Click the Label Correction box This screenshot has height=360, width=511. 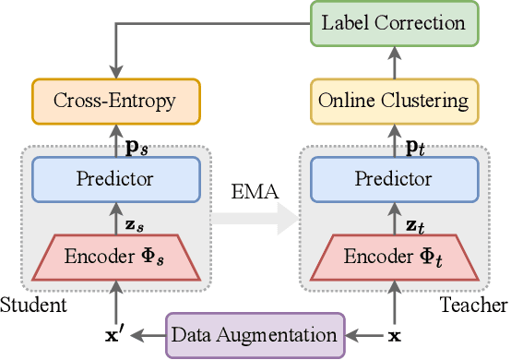point(394,22)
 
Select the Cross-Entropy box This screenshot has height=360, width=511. point(117,99)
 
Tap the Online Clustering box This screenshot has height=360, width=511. point(394,99)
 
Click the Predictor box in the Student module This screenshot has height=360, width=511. point(117,177)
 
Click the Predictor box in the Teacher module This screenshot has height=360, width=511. point(394,177)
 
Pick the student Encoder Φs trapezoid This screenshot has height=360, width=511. point(117,256)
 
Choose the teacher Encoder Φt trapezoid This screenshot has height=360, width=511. point(394,256)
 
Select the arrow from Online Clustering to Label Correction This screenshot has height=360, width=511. point(394,60)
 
